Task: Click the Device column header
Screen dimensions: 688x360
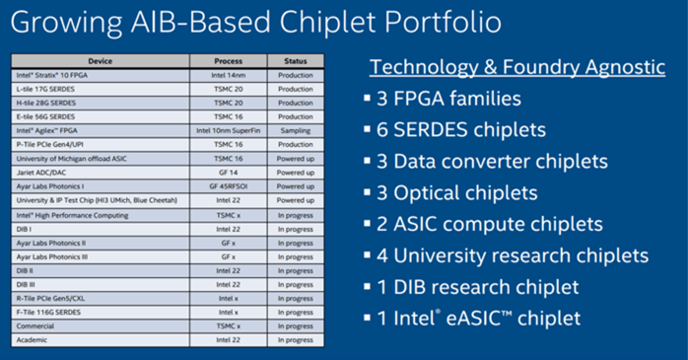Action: point(100,61)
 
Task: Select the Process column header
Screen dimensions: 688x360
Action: point(228,61)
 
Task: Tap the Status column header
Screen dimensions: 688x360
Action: point(296,61)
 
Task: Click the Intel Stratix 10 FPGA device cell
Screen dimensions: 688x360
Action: point(101,75)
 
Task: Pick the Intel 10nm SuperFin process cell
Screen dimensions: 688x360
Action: point(228,130)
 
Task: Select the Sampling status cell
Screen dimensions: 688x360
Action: point(296,130)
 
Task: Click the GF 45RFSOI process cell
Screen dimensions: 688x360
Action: point(228,186)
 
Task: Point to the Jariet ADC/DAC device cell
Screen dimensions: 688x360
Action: point(101,173)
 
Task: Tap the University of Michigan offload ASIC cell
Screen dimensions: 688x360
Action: point(101,159)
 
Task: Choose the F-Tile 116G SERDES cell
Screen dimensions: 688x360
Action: point(101,312)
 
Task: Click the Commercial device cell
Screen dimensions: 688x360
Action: point(101,326)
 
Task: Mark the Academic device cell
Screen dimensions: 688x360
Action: point(101,340)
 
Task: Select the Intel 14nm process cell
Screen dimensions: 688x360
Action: point(228,75)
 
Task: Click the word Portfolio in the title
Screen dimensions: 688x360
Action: point(443,22)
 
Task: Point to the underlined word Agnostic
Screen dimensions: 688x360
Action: point(625,67)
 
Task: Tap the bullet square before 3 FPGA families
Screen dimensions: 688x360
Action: point(368,98)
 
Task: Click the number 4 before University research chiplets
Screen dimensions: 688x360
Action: point(382,256)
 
